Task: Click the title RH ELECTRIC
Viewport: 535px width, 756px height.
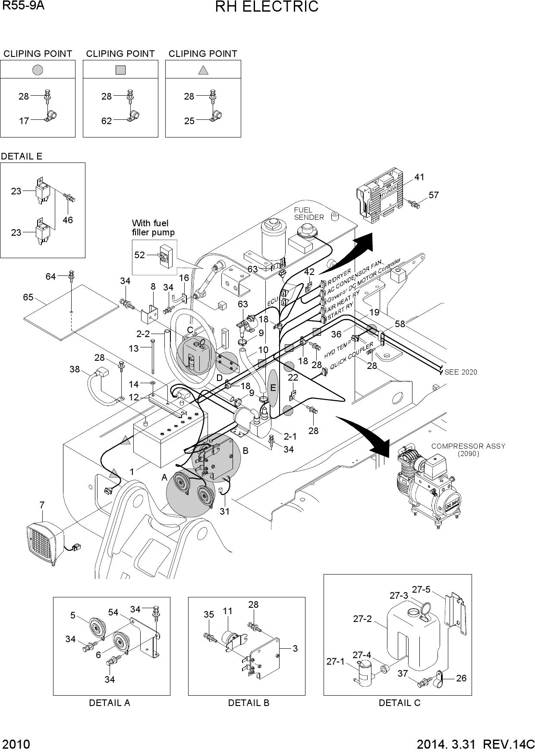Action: [267, 7]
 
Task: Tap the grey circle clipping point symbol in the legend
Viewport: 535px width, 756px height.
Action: [38, 69]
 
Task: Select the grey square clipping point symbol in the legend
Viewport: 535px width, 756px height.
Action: [120, 69]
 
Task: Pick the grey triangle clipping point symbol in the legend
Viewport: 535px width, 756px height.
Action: [203, 69]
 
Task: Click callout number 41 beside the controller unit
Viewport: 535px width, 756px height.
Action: [419, 177]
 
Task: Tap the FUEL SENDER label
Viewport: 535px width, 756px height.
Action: [309, 214]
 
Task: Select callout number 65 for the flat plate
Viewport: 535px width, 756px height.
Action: [28, 297]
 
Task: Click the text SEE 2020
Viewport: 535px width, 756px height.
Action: [461, 372]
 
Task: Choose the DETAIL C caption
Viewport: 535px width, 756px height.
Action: [399, 703]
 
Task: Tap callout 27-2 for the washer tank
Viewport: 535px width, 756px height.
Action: [362, 619]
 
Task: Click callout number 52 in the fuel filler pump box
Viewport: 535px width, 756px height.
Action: [139, 255]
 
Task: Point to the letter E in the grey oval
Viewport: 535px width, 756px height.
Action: [273, 388]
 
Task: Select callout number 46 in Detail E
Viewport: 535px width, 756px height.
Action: [68, 220]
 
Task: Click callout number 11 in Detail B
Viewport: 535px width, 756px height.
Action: [227, 611]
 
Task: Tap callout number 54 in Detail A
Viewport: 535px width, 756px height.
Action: [113, 612]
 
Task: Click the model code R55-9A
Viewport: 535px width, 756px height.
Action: [23, 6]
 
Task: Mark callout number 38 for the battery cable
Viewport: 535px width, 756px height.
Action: [75, 369]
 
